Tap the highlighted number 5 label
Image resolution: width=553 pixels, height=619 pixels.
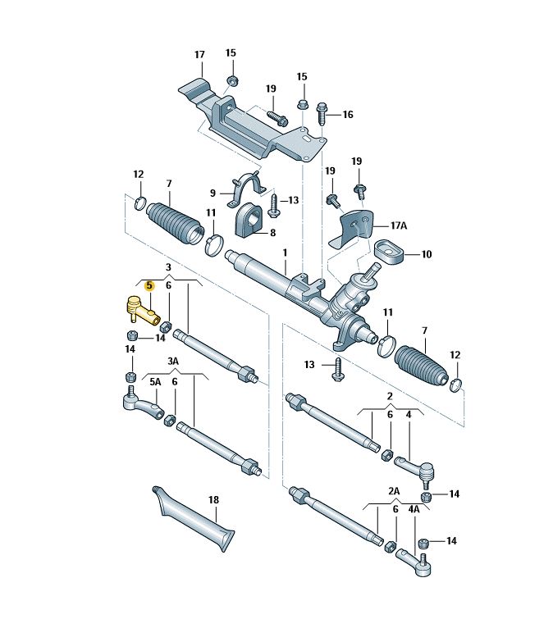149,285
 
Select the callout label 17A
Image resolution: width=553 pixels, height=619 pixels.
399,225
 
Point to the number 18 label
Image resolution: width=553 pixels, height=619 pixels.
213,500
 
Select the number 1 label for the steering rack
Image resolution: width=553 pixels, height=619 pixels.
285,253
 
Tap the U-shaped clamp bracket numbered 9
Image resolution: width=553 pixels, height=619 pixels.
246,189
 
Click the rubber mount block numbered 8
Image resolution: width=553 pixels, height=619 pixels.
249,223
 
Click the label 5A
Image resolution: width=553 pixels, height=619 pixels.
155,382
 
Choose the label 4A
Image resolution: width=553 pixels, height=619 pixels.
414,509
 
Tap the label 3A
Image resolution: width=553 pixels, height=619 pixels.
173,362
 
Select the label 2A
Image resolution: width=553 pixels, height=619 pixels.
394,491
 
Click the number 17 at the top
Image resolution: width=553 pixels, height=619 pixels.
199,54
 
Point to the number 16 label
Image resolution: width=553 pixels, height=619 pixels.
348,115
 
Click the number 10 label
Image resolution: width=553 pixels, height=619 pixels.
427,254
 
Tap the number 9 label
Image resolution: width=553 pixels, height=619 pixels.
213,193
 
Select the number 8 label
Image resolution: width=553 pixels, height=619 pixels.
272,233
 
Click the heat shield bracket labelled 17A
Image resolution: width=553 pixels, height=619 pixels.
351,229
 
